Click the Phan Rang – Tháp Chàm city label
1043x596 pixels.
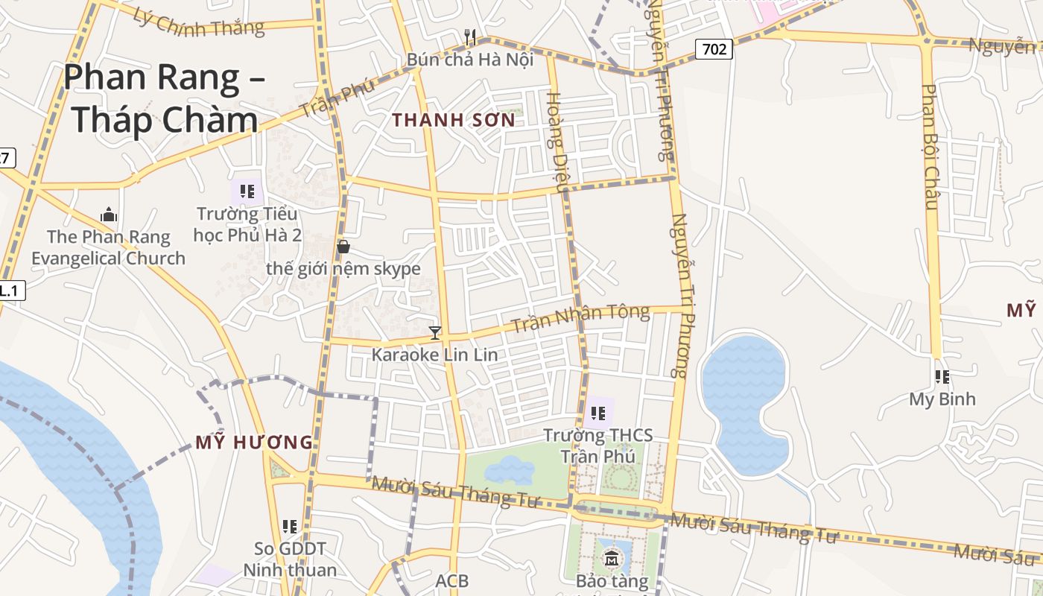tap(164, 98)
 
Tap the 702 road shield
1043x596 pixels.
tap(714, 50)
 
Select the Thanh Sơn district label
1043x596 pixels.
tap(454, 120)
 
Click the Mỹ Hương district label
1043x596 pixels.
tap(254, 443)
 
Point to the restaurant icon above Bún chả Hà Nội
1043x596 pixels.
tap(470, 37)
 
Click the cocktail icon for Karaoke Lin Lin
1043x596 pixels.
tap(435, 332)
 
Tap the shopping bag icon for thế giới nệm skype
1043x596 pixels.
tap(343, 246)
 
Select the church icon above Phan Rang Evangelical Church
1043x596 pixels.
tap(109, 215)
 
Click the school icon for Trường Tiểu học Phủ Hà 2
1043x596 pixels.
tap(247, 191)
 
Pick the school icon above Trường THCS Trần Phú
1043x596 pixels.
tap(597, 413)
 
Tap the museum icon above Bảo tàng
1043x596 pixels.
tap(612, 558)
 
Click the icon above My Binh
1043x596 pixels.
tap(942, 377)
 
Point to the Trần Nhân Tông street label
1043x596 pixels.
tap(581, 320)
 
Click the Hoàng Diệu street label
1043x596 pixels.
tap(557, 142)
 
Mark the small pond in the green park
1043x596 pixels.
tap(510, 470)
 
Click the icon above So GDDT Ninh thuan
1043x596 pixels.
tap(290, 527)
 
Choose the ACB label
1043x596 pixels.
tap(452, 580)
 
